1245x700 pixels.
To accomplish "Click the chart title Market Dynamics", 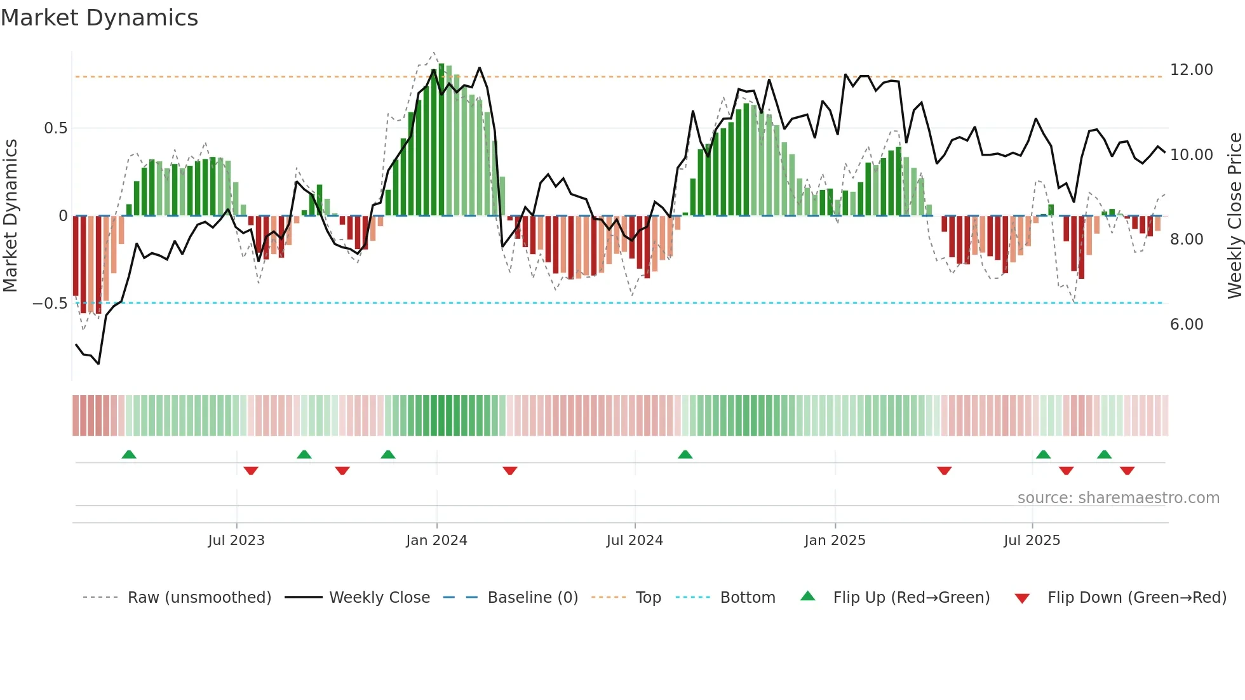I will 99,18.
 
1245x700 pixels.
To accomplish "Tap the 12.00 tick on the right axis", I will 1191,70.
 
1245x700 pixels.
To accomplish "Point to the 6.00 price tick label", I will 1186,325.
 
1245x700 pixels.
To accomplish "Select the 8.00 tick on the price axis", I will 1186,239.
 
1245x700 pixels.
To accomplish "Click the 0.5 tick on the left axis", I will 55,128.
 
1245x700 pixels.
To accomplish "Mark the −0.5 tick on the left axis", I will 50,304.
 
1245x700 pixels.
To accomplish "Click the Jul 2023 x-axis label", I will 236,541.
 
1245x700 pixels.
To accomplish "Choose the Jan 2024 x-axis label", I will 436,541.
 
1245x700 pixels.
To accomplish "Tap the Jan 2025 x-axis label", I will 835,541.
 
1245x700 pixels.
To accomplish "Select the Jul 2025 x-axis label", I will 1032,541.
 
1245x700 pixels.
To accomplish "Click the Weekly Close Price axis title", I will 1234,216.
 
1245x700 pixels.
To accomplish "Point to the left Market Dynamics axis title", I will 10,216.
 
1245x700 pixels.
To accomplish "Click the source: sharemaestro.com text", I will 1118,498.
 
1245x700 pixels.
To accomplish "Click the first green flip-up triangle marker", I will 129,455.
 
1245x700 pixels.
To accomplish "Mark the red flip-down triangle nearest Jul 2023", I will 251,471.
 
